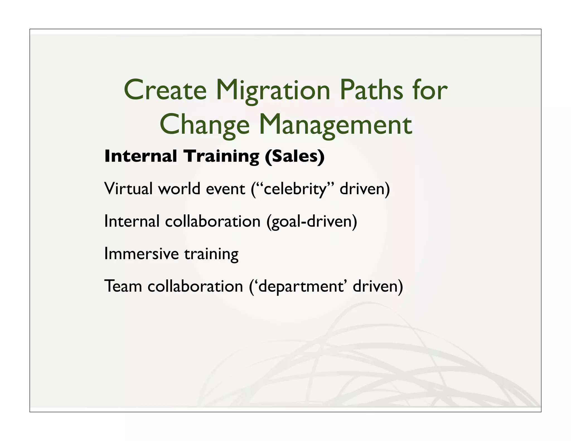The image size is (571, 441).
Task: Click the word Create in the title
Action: pyautogui.click(x=165, y=90)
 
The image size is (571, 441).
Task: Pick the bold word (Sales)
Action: pyautogui.click(x=295, y=156)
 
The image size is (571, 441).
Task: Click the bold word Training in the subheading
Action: pyautogui.click(x=221, y=157)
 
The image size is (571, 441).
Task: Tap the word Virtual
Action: pyautogui.click(x=129, y=189)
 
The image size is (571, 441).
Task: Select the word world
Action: pyautogui.click(x=179, y=189)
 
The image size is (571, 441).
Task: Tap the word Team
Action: pyautogui.click(x=123, y=286)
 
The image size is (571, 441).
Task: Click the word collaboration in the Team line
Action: pyautogui.click(x=195, y=286)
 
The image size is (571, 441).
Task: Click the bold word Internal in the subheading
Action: pyautogui.click(x=141, y=156)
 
